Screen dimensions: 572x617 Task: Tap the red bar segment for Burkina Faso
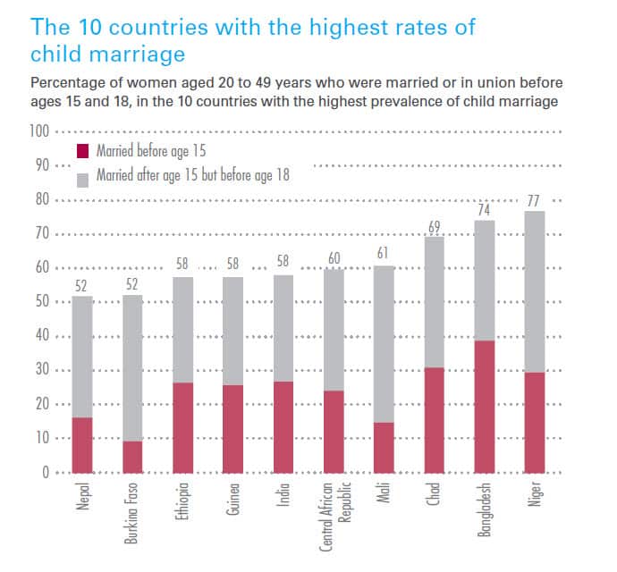tap(132, 457)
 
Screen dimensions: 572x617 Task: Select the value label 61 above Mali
tap(384, 254)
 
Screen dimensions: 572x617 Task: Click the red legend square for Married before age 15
tap(84, 150)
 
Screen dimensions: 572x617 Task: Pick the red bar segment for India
tap(283, 427)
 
